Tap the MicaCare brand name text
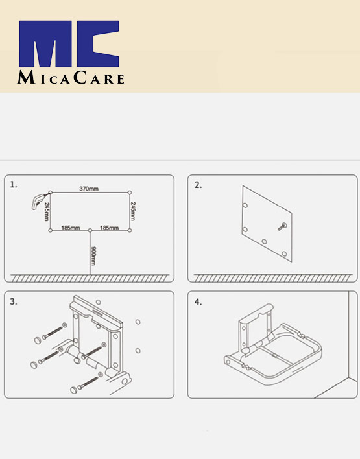coord(70,78)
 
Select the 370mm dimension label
coord(89,189)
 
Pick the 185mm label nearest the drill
coord(71,228)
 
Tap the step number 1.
coord(14,185)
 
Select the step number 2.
coord(198,185)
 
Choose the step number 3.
coord(14,301)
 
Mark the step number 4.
coord(198,301)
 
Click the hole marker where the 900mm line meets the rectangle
coord(90,230)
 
